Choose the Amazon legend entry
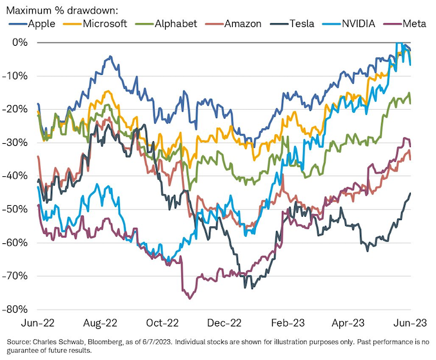[243, 24]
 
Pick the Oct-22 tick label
[163, 321]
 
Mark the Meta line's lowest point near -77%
[190, 299]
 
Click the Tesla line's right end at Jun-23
[410, 194]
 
